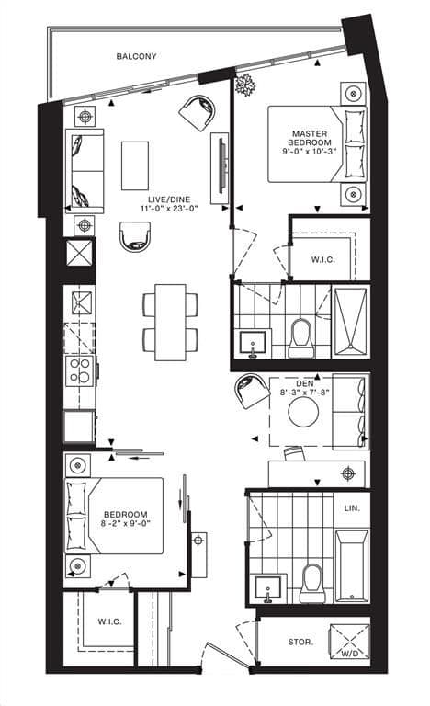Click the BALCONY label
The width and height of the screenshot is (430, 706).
point(136,57)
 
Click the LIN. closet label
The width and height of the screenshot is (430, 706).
point(352,507)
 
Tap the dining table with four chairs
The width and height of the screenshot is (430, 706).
point(170,322)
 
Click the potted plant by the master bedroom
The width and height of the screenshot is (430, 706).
point(245,86)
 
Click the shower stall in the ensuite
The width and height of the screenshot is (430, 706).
point(350,321)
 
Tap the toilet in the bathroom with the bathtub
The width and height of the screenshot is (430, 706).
point(311,581)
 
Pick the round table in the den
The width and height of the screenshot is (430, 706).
point(303,412)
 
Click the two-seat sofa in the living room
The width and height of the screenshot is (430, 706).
point(84,170)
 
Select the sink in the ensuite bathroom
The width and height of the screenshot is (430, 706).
point(250,343)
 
